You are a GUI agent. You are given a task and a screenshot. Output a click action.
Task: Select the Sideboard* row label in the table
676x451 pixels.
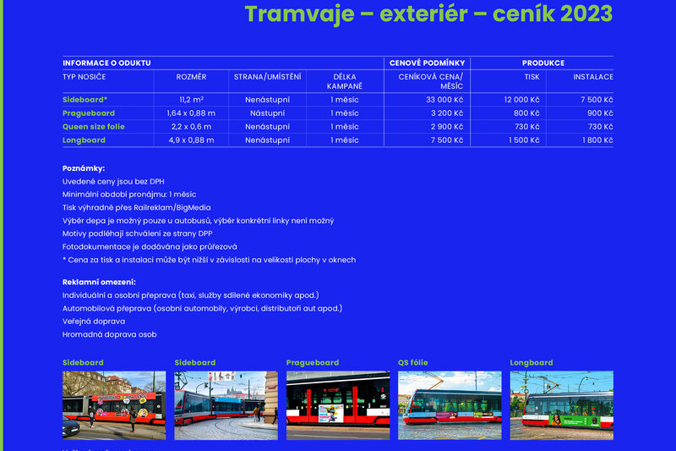coord(84,99)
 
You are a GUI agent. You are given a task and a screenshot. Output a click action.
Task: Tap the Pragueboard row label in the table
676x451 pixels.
coord(89,113)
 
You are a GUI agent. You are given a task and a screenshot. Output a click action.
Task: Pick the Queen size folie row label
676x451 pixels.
coord(94,126)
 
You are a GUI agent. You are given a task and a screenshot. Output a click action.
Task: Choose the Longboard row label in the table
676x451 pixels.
coord(84,140)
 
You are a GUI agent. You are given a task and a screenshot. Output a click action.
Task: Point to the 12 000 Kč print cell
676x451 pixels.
coord(521,99)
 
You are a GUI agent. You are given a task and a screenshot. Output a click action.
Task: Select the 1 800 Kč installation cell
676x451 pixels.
coord(597,140)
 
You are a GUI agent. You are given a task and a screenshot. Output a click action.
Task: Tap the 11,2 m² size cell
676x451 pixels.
coord(191,99)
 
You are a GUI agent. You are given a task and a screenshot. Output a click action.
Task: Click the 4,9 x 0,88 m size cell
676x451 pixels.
coord(191,140)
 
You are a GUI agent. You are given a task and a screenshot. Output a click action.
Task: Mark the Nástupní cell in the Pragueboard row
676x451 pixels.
coord(266,113)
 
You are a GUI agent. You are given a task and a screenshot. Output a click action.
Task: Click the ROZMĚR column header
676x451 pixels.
coord(191,77)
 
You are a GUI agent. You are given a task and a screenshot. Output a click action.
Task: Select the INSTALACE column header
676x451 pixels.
coord(593,77)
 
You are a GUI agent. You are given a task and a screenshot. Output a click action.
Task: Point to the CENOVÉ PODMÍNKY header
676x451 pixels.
coord(428,63)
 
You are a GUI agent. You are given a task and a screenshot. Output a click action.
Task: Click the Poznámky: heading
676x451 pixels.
coord(84,168)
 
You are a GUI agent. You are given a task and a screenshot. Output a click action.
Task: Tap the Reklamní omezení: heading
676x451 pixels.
coord(99,282)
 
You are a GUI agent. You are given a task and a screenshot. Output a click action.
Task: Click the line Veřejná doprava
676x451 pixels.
coord(94,321)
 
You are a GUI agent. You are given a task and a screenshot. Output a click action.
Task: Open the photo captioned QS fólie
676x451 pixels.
coord(450,404)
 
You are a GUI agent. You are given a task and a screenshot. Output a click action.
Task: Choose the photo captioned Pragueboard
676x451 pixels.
coord(338,404)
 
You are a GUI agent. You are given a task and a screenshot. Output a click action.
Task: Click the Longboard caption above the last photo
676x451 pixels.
coord(532,363)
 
